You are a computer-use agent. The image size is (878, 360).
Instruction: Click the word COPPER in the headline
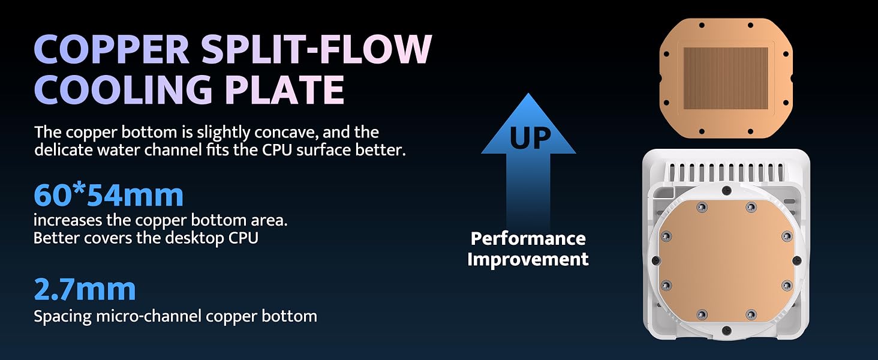coord(112,50)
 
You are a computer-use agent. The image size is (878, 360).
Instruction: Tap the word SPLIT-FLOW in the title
coord(317,50)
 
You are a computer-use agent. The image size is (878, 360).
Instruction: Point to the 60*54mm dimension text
coord(109,195)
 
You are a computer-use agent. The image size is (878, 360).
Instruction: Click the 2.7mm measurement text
coord(85,289)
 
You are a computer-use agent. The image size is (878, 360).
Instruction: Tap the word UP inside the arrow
coord(530,138)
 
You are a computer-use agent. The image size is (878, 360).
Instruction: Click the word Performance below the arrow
coord(528,238)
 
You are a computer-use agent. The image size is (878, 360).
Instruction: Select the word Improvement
coord(528,259)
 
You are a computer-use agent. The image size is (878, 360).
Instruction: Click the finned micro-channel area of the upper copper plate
coord(726,78)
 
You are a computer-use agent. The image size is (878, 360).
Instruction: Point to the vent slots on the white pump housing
coord(726,173)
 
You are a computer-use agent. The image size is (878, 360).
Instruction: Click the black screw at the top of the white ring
coord(727,191)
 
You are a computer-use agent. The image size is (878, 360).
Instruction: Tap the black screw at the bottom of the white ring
coord(726,330)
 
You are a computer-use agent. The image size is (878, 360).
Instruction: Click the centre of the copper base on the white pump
coord(727,261)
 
